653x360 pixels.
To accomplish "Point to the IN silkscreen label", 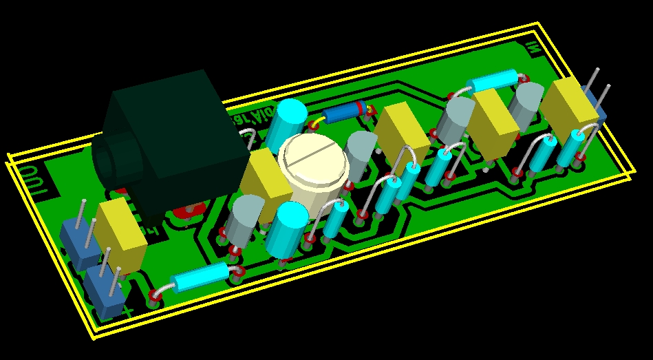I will coord(531,47).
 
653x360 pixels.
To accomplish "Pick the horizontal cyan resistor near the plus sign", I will coord(200,277).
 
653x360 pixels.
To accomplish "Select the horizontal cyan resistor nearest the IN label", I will coord(491,82).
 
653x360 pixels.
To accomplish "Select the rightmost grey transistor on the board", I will coord(528,106).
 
